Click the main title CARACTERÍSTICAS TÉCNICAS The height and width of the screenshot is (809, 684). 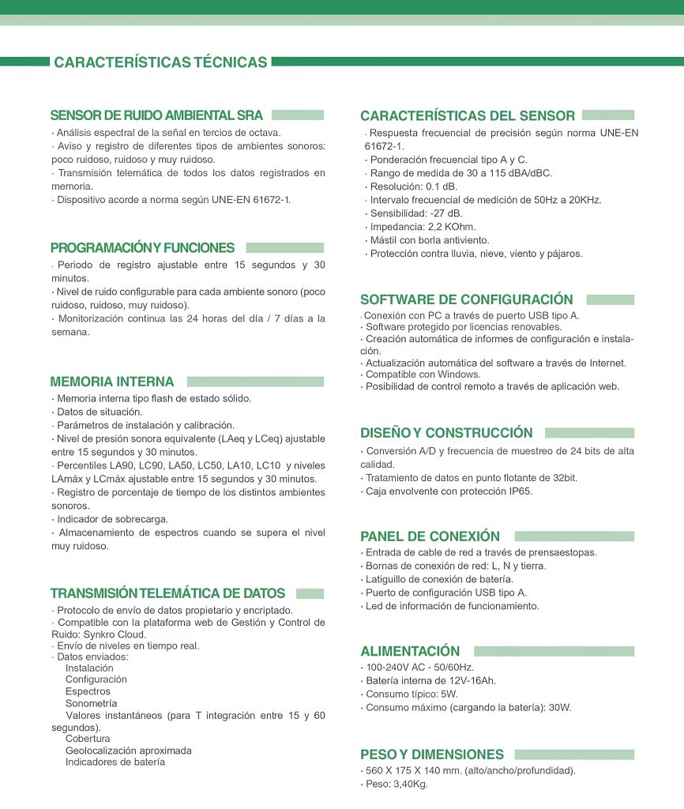(160, 62)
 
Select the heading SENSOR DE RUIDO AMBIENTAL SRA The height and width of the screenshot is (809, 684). (156, 115)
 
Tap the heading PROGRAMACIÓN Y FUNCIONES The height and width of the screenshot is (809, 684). (142, 247)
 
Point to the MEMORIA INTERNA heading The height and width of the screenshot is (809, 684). (112, 382)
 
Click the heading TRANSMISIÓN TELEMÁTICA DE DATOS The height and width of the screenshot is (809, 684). (167, 593)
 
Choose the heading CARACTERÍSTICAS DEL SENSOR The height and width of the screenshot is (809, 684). (468, 115)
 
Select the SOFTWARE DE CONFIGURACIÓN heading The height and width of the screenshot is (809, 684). (466, 299)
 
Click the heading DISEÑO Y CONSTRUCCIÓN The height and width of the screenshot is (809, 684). (446, 433)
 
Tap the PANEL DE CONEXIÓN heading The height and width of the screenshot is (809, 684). (430, 536)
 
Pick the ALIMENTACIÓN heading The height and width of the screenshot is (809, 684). (410, 651)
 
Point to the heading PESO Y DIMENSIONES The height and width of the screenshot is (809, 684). (431, 754)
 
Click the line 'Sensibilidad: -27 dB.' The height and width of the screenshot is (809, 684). (415, 213)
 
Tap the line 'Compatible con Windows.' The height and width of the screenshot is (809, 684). (423, 374)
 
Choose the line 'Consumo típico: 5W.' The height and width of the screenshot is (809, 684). (412, 694)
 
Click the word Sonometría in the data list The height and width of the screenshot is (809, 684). (92, 703)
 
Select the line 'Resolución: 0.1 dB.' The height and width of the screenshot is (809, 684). (413, 186)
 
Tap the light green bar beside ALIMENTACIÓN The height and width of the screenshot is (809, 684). (554, 651)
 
